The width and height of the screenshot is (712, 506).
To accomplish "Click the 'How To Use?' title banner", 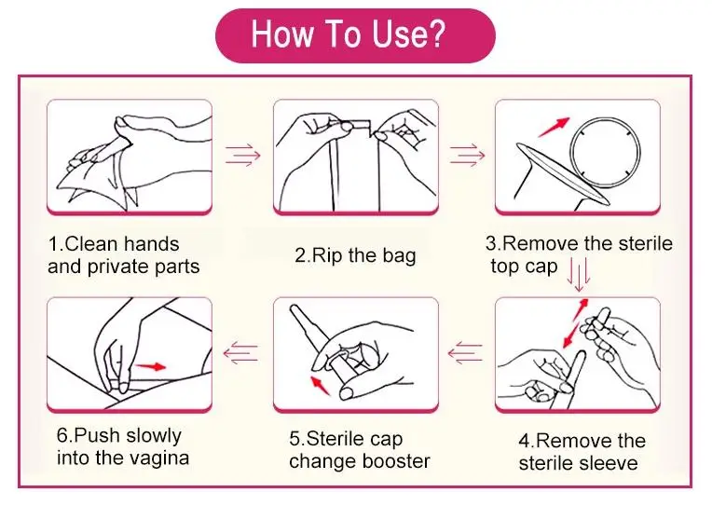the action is (x=355, y=35).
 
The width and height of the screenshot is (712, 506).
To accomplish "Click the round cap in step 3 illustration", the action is (x=605, y=152).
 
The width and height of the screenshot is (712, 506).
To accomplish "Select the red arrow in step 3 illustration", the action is (x=554, y=127).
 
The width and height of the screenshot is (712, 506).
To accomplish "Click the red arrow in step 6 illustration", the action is (x=151, y=366).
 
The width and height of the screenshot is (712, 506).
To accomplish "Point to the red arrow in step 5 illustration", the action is (x=321, y=385).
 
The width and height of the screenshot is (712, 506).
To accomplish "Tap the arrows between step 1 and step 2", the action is (x=243, y=156).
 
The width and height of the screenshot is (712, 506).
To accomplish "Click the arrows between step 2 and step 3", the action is (x=467, y=156).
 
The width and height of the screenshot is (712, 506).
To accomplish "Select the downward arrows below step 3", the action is (x=579, y=275).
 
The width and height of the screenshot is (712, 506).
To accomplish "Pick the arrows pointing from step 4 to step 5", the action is (x=465, y=353).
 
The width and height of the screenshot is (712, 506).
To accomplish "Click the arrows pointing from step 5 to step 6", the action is (x=240, y=353).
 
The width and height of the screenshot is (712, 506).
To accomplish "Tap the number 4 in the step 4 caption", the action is (x=525, y=441).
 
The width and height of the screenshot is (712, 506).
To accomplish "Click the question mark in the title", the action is (x=436, y=34).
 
